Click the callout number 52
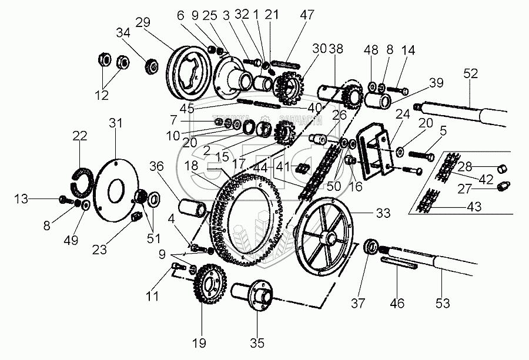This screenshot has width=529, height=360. pyautogui.click(x=471, y=73)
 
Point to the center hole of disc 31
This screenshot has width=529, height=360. pyautogui.click(x=116, y=189)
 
